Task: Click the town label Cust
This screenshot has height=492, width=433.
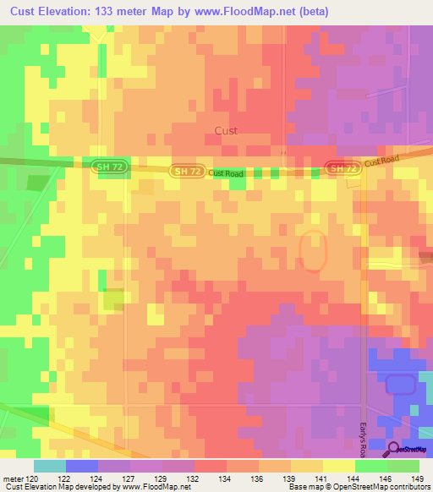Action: coord(226,131)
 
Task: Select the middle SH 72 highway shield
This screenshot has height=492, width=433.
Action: coord(187,172)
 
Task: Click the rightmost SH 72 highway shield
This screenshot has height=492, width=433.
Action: coord(343,168)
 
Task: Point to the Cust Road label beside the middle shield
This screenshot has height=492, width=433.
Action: coord(227,173)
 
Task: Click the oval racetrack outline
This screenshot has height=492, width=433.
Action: coord(313,251)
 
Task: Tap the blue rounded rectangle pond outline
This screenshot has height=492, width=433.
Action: coord(402,385)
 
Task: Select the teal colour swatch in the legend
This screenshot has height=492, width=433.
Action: coord(50,466)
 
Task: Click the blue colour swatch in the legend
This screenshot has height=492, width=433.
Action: coord(82,466)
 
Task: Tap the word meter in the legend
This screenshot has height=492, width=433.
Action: coord(13,478)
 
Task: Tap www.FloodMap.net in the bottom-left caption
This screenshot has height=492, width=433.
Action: coord(156,487)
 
